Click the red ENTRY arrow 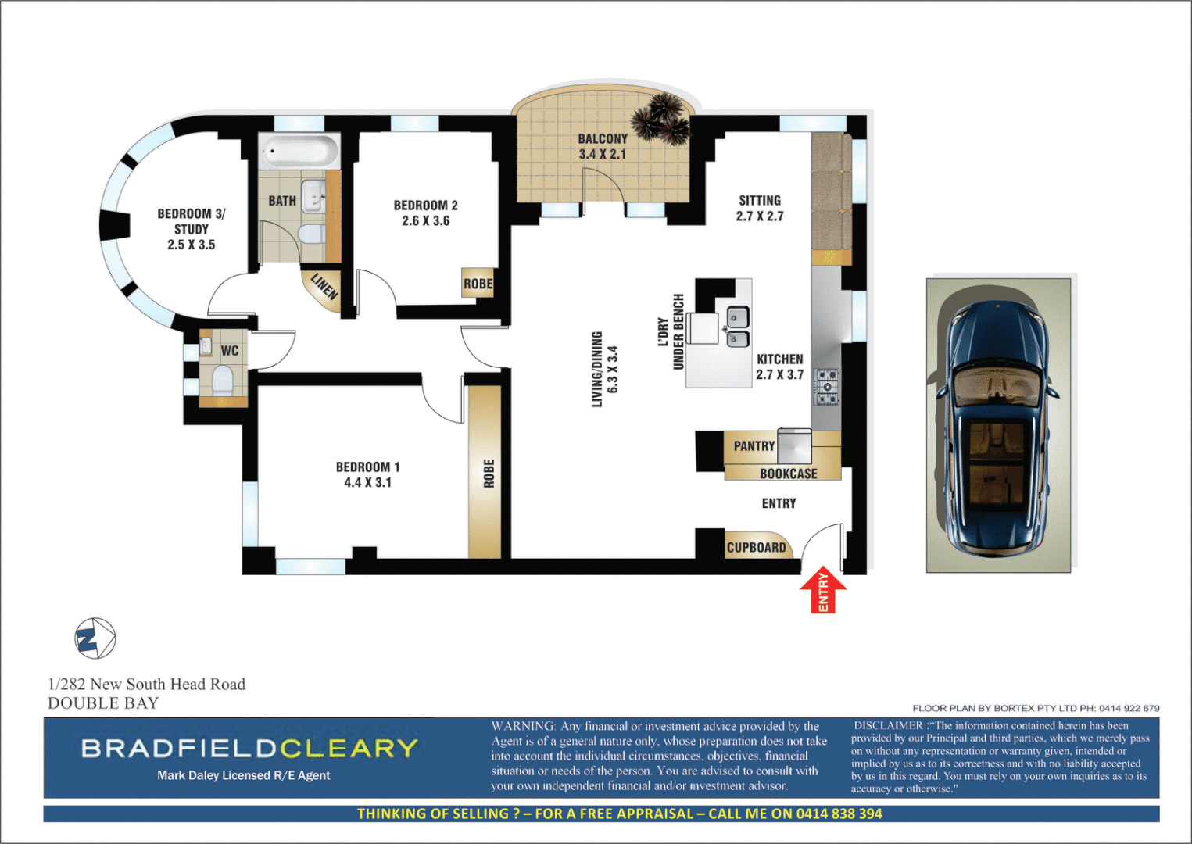tap(823, 589)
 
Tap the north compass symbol tap(95, 638)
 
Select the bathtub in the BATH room tap(300, 150)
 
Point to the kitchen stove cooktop tap(827, 387)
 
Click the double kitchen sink tap(738, 327)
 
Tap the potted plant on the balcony tap(661, 118)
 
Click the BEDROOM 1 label tap(367, 467)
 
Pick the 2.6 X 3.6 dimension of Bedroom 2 tap(425, 221)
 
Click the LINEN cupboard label tap(324, 287)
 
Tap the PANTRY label tap(754, 445)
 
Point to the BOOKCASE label tap(788, 474)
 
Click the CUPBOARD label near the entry tap(756, 547)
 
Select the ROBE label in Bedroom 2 tap(478, 284)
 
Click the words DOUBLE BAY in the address tap(103, 703)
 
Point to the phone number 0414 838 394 tap(839, 814)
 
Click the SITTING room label tap(759, 200)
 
